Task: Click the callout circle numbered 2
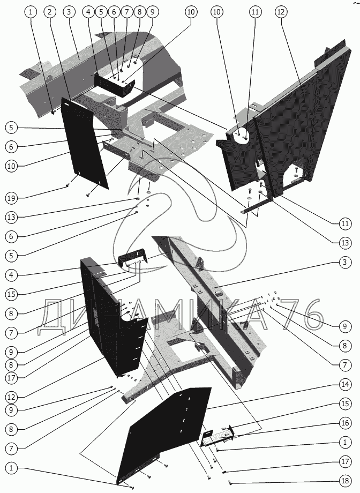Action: click(49, 12)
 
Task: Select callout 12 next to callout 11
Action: click(282, 12)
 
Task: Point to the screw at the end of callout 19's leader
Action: click(66, 185)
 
